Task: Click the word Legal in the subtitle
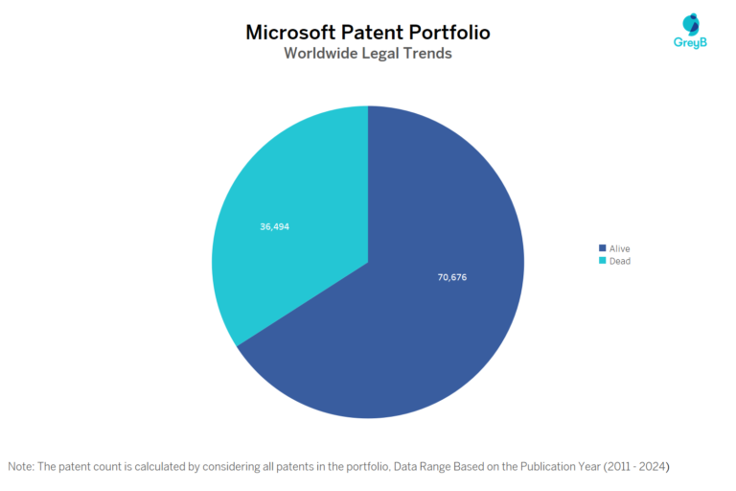[x=381, y=54]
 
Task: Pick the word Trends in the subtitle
[x=427, y=54]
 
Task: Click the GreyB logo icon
[x=691, y=24]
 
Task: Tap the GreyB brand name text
[x=690, y=43]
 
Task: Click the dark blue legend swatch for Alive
[x=602, y=249]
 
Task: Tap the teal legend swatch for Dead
[x=602, y=261]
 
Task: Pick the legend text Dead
[x=619, y=261]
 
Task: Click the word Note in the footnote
[x=20, y=466]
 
